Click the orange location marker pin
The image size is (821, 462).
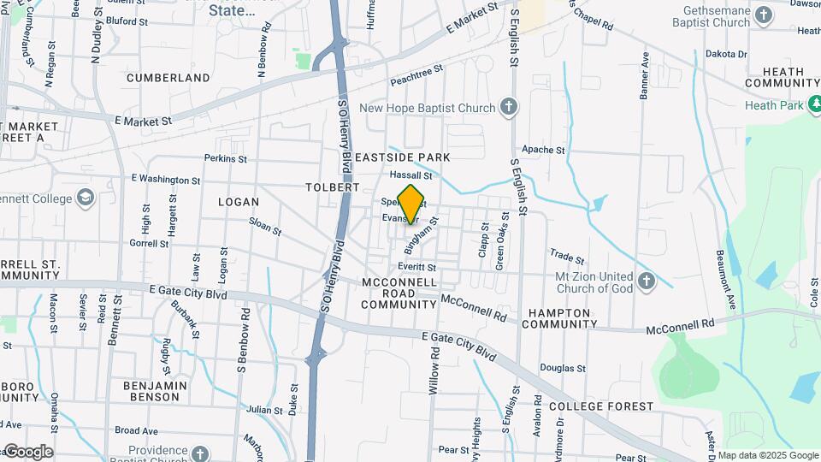411,204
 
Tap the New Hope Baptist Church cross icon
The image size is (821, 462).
509,108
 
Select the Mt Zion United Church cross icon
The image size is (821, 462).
646,281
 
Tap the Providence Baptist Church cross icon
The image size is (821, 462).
200,453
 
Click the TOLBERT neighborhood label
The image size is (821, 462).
332,187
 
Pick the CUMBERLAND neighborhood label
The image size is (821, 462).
168,78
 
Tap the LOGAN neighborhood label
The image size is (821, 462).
238,202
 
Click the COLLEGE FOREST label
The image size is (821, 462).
601,406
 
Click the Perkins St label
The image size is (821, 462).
225,158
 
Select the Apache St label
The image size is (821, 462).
544,150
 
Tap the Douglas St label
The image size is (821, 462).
562,368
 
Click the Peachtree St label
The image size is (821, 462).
416,75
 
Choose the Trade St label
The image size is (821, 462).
566,257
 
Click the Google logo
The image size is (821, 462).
28,452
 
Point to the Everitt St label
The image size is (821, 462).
416,267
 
